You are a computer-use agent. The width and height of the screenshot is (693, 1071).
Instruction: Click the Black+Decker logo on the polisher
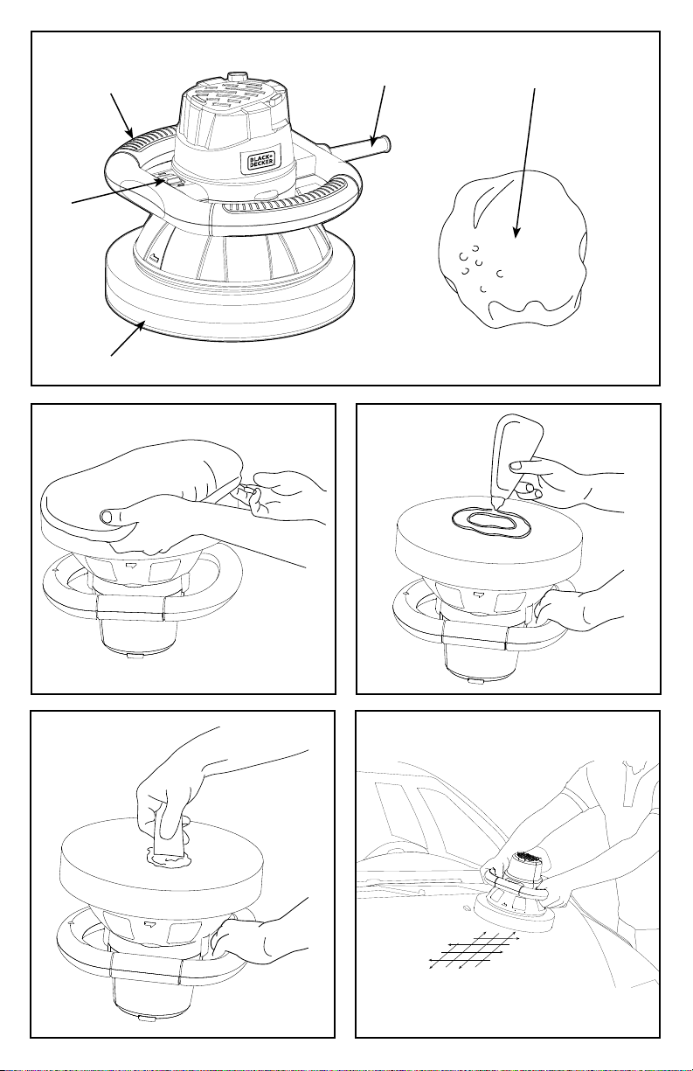261,160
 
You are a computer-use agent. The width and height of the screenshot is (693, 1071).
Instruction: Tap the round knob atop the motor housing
236,76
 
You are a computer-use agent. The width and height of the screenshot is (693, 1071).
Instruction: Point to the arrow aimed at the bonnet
524,163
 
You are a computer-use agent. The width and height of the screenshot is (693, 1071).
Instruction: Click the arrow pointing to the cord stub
378,115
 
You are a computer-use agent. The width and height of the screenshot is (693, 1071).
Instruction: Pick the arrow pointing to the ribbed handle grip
121,115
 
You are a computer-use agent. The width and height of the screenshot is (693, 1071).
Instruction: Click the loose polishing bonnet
513,249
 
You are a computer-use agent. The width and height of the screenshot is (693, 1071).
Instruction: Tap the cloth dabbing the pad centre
170,837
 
